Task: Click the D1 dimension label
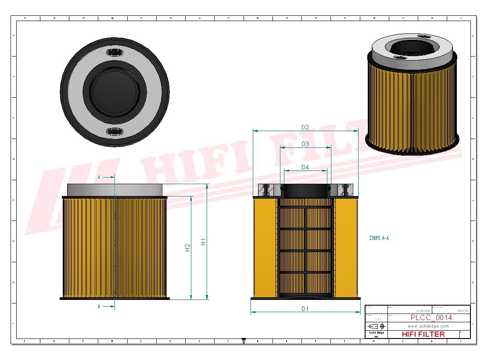(x=305, y=309)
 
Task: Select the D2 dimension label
(x=305, y=127)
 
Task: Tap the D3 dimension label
(x=305, y=144)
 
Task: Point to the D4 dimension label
(x=305, y=167)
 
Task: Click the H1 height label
(x=203, y=242)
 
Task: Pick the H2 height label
(x=187, y=247)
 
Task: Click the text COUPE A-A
(x=379, y=239)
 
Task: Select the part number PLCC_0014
(x=431, y=318)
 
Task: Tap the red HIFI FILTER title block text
(x=423, y=334)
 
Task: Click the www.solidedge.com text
(x=428, y=326)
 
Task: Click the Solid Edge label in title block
(x=376, y=333)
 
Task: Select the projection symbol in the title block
(x=377, y=326)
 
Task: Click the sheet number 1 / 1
(x=378, y=318)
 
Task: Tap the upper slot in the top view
(x=115, y=53)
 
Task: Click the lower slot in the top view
(x=115, y=132)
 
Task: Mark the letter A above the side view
(x=99, y=177)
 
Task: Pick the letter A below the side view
(x=99, y=307)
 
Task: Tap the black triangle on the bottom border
(x=244, y=340)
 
